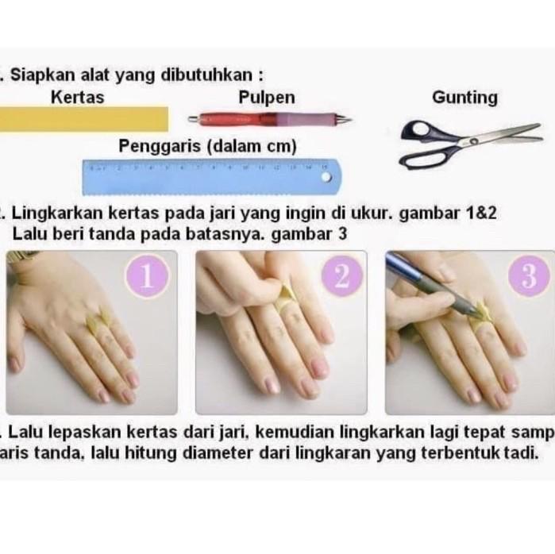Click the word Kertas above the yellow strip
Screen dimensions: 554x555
click(76, 98)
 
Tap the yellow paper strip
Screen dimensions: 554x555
click(83, 119)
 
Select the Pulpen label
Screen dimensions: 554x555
click(267, 98)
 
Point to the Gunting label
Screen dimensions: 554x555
click(464, 98)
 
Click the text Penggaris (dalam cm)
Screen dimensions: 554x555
click(208, 146)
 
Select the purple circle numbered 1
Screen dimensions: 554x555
click(148, 277)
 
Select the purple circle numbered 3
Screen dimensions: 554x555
click(530, 277)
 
